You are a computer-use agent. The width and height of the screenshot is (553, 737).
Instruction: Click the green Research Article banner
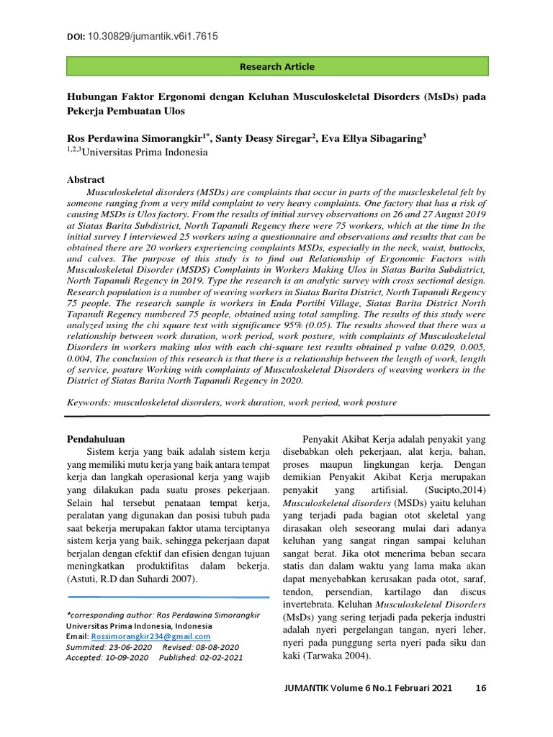point(277,67)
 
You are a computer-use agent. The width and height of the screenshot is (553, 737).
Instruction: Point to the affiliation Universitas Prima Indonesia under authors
point(144,152)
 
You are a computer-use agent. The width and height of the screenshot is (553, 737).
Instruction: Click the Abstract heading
point(86,179)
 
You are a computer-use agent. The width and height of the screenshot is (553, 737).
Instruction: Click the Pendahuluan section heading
point(96,438)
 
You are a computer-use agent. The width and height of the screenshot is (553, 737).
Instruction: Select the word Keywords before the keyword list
point(89,403)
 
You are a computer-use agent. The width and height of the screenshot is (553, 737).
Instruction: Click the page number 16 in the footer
point(481,688)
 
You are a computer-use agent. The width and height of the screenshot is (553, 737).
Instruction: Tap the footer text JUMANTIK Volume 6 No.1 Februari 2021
point(370,688)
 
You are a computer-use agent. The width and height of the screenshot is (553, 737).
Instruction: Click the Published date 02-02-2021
point(218,657)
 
